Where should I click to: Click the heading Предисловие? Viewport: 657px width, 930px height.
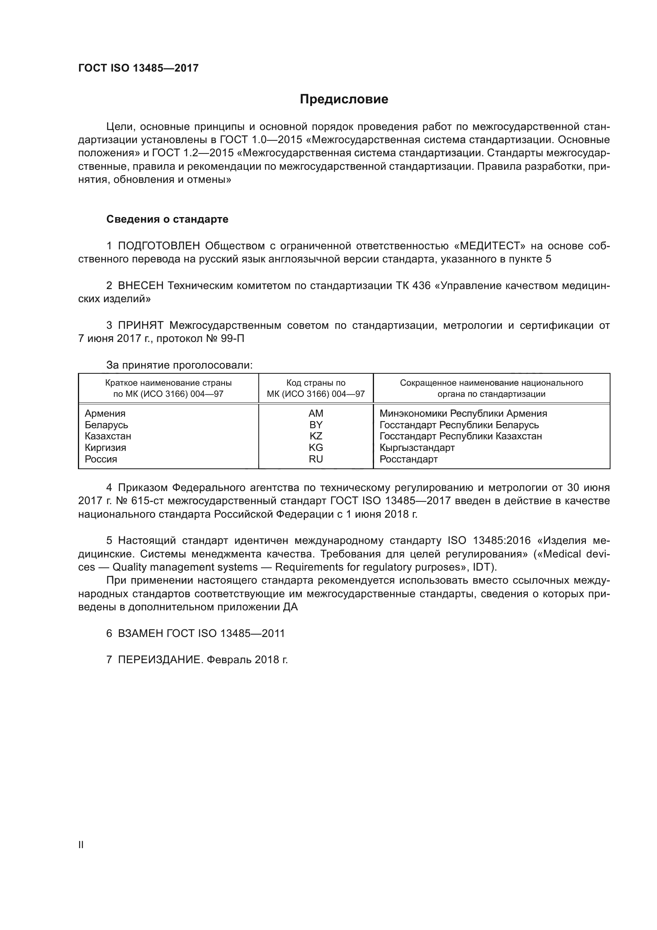click(344, 99)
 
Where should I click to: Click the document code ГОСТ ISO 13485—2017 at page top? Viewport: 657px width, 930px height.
click(138, 68)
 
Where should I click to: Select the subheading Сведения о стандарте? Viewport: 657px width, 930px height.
click(167, 219)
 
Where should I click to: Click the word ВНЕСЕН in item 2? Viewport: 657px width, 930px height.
click(140, 285)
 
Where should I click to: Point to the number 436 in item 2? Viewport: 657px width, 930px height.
click(421, 285)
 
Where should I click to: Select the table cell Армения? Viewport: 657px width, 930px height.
click(105, 414)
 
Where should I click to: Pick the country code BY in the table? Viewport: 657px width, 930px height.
click(316, 425)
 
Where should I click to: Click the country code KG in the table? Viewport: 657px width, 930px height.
click(316, 448)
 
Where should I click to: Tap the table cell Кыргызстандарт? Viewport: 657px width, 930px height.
click(417, 448)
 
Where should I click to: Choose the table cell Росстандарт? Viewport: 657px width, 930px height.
click(409, 459)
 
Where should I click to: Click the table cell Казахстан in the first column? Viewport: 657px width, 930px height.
click(108, 436)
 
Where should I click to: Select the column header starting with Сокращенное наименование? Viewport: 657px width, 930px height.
click(491, 388)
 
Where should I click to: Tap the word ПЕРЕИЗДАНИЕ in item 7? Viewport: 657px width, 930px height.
click(159, 660)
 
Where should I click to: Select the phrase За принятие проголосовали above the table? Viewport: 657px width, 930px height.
click(179, 365)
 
